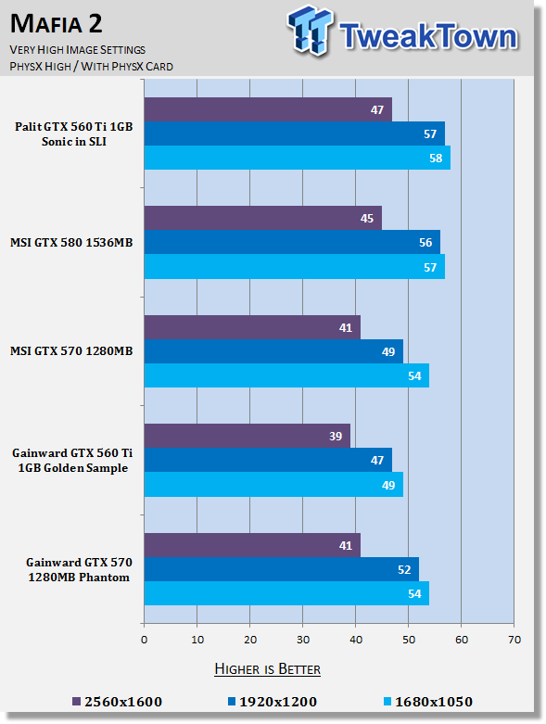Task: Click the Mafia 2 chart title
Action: click(x=56, y=23)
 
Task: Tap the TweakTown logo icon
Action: click(x=310, y=31)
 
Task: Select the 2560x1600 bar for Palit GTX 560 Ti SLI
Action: click(x=268, y=109)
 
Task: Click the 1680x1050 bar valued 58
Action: click(x=298, y=158)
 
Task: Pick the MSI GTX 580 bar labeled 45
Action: click(x=263, y=218)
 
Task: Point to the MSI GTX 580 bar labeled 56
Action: click(x=292, y=242)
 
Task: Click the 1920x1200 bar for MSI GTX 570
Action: click(x=273, y=351)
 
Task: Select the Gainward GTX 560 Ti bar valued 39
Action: click(x=248, y=436)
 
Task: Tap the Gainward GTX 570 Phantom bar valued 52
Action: click(x=282, y=569)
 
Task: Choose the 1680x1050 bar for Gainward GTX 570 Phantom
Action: click(x=286, y=593)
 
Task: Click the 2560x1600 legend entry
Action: click(x=117, y=702)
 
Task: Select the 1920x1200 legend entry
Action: click(x=273, y=702)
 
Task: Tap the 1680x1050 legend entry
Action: click(x=428, y=702)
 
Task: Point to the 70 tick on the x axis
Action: click(x=514, y=640)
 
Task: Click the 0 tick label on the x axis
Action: click(x=144, y=640)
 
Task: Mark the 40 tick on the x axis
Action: click(x=356, y=640)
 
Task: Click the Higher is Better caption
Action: click(x=267, y=669)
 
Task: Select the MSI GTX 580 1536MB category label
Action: click(x=71, y=242)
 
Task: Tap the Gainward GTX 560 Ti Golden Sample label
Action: click(x=72, y=461)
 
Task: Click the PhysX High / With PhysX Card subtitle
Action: click(x=92, y=67)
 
